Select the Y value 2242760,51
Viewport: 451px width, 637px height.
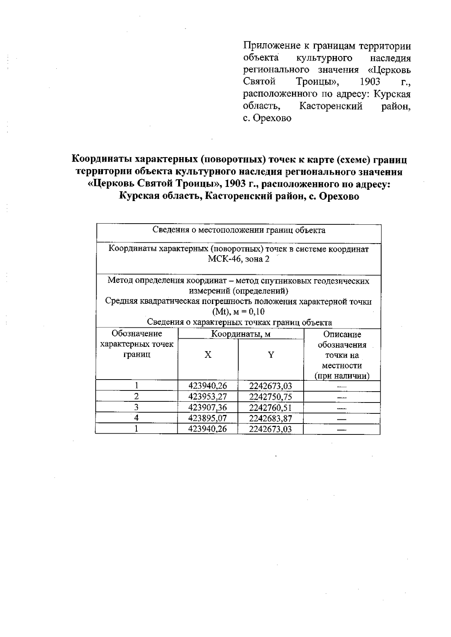pos(270,408)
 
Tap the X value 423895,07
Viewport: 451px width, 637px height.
pos(207,418)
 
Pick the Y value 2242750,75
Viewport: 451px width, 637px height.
pos(270,397)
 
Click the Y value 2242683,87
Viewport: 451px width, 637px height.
pos(270,418)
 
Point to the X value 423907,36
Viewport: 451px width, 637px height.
pos(207,408)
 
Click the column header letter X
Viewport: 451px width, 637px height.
pos(208,355)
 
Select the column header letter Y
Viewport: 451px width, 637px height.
pos(271,355)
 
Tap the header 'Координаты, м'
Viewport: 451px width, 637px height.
pos(241,334)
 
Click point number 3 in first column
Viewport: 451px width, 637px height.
pos(137,407)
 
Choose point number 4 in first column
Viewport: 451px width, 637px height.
pos(137,418)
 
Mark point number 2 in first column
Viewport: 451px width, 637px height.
pos(137,396)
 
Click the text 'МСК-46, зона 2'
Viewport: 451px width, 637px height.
pos(239,260)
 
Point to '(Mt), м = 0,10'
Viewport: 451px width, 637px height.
pos(239,312)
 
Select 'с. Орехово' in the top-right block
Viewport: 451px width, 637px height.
pos(267,118)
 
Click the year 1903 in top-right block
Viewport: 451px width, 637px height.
pos(370,82)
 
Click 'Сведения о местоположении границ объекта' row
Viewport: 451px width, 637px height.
pos(239,230)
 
